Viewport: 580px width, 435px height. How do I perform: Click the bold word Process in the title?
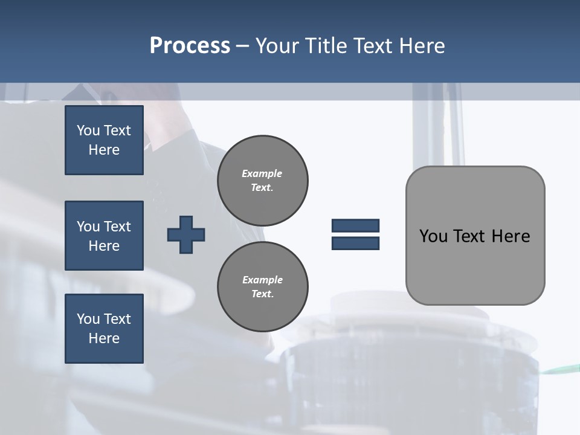[190, 46]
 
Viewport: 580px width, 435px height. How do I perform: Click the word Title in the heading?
[326, 46]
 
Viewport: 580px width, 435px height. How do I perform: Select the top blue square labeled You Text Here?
[104, 140]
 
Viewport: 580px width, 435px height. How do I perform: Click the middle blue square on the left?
[104, 236]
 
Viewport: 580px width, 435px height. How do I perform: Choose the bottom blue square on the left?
[104, 328]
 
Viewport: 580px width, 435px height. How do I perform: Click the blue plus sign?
[186, 234]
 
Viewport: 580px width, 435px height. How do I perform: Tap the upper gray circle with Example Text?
[263, 180]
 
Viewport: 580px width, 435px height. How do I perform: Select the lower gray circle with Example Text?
[263, 286]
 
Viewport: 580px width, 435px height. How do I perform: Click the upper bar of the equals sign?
[355, 225]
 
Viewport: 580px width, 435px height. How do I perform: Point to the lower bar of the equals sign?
[355, 243]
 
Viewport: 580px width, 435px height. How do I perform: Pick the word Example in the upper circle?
[262, 173]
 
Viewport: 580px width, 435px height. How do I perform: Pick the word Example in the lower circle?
[262, 280]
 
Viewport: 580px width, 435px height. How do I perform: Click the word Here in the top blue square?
[104, 150]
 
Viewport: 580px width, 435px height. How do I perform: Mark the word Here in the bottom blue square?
[104, 338]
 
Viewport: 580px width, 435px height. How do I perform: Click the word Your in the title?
[278, 46]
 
